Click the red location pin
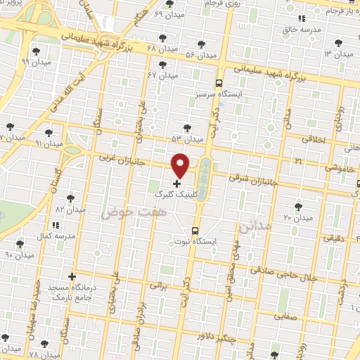pos(181,165)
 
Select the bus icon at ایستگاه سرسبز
pos(218,82)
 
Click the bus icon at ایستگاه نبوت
pos(195,230)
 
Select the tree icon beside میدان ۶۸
pos(162,38)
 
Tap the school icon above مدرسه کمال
pos(56,224)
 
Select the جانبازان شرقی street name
pos(246,179)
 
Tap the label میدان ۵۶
pos(200,54)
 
